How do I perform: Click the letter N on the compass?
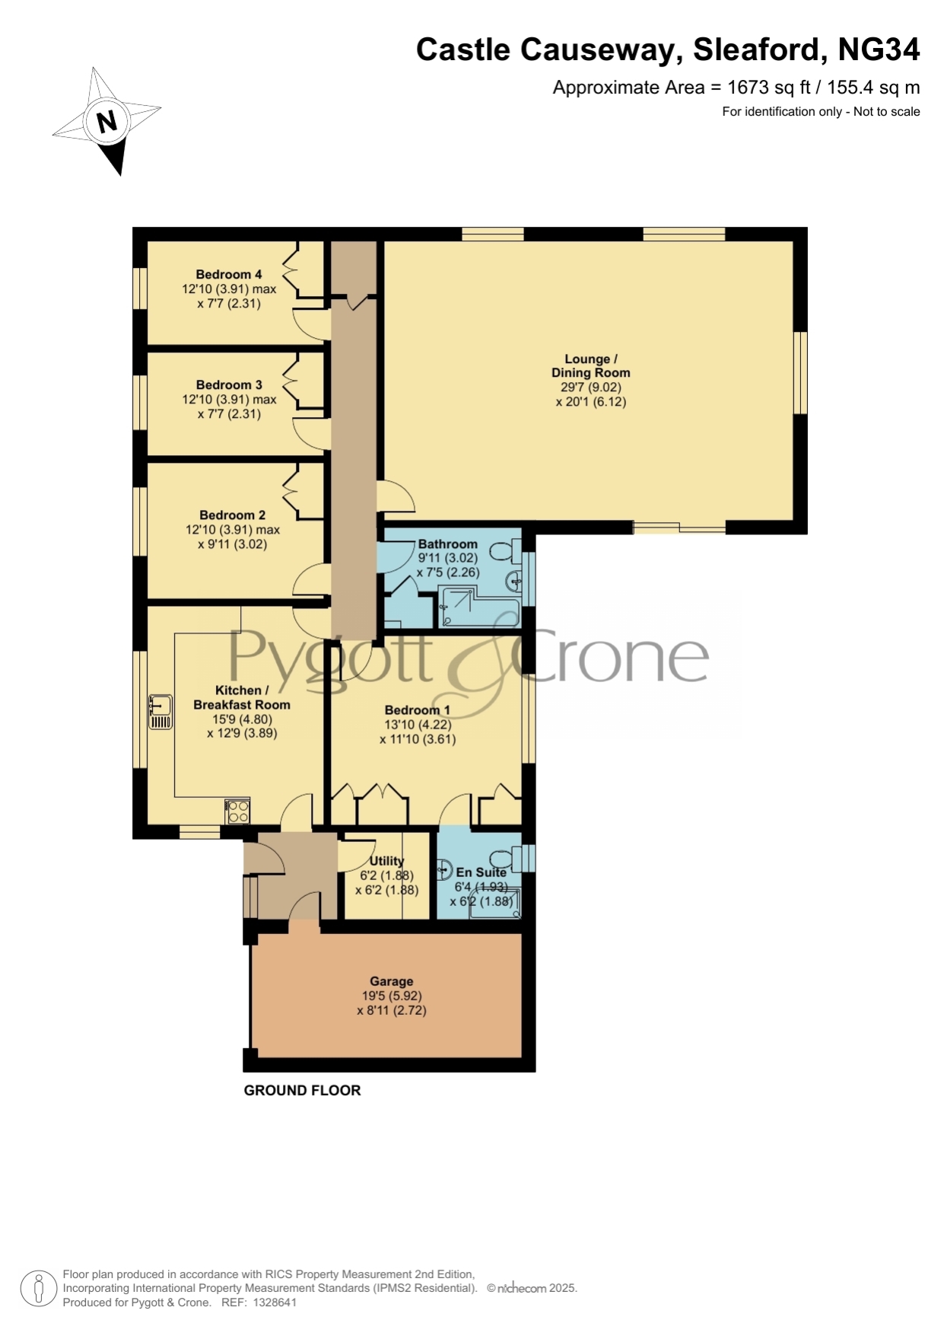click(x=106, y=122)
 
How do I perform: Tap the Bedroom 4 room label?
click(x=229, y=275)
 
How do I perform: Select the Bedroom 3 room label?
click(x=229, y=385)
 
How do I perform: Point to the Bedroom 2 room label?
click(x=233, y=515)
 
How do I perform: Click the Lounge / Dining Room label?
click(x=591, y=366)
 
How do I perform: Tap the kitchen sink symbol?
click(x=160, y=711)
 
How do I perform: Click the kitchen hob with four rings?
click(x=237, y=811)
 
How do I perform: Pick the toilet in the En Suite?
click(x=505, y=859)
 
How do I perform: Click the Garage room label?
click(x=392, y=982)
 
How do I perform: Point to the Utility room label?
click(x=386, y=861)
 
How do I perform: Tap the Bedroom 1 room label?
click(x=417, y=710)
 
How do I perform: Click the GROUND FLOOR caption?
click(x=302, y=1090)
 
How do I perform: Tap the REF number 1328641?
click(x=275, y=1303)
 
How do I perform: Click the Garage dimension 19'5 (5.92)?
click(x=392, y=996)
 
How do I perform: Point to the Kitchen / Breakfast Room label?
click(x=242, y=697)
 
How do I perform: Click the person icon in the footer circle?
click(x=38, y=1288)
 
